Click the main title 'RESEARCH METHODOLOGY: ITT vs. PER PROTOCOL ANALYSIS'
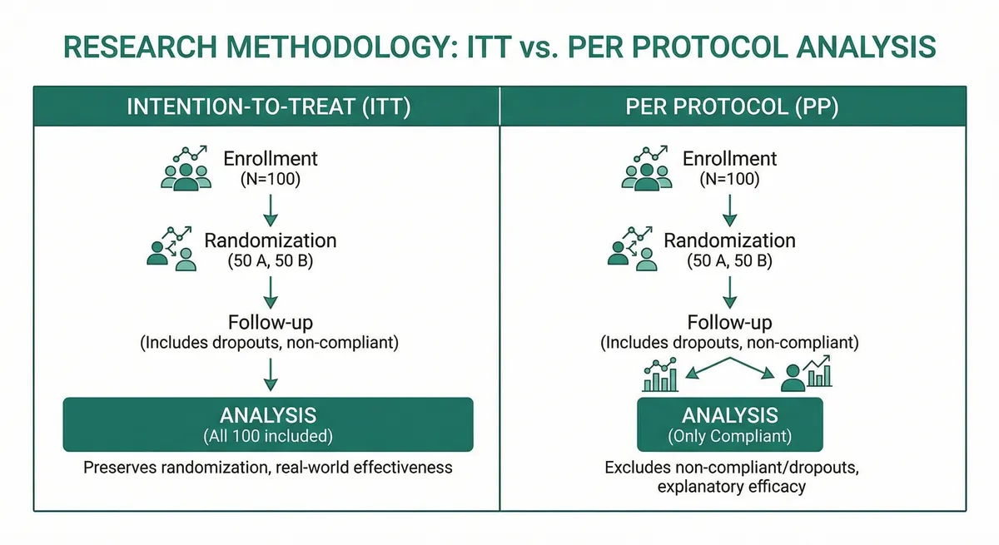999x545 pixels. (499, 47)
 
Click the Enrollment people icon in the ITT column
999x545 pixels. (184, 167)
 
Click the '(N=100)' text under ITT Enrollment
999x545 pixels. (270, 179)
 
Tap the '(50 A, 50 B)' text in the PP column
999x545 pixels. (729, 260)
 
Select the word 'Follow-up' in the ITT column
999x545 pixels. (270, 322)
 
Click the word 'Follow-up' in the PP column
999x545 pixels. (729, 322)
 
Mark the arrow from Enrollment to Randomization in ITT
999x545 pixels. (270, 210)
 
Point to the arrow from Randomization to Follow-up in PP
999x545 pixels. (729, 290)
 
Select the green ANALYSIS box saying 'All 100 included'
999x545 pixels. (268, 424)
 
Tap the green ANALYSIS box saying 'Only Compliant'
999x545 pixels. (729, 424)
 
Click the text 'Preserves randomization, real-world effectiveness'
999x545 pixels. (268, 468)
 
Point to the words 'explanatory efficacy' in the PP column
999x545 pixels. (731, 487)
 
